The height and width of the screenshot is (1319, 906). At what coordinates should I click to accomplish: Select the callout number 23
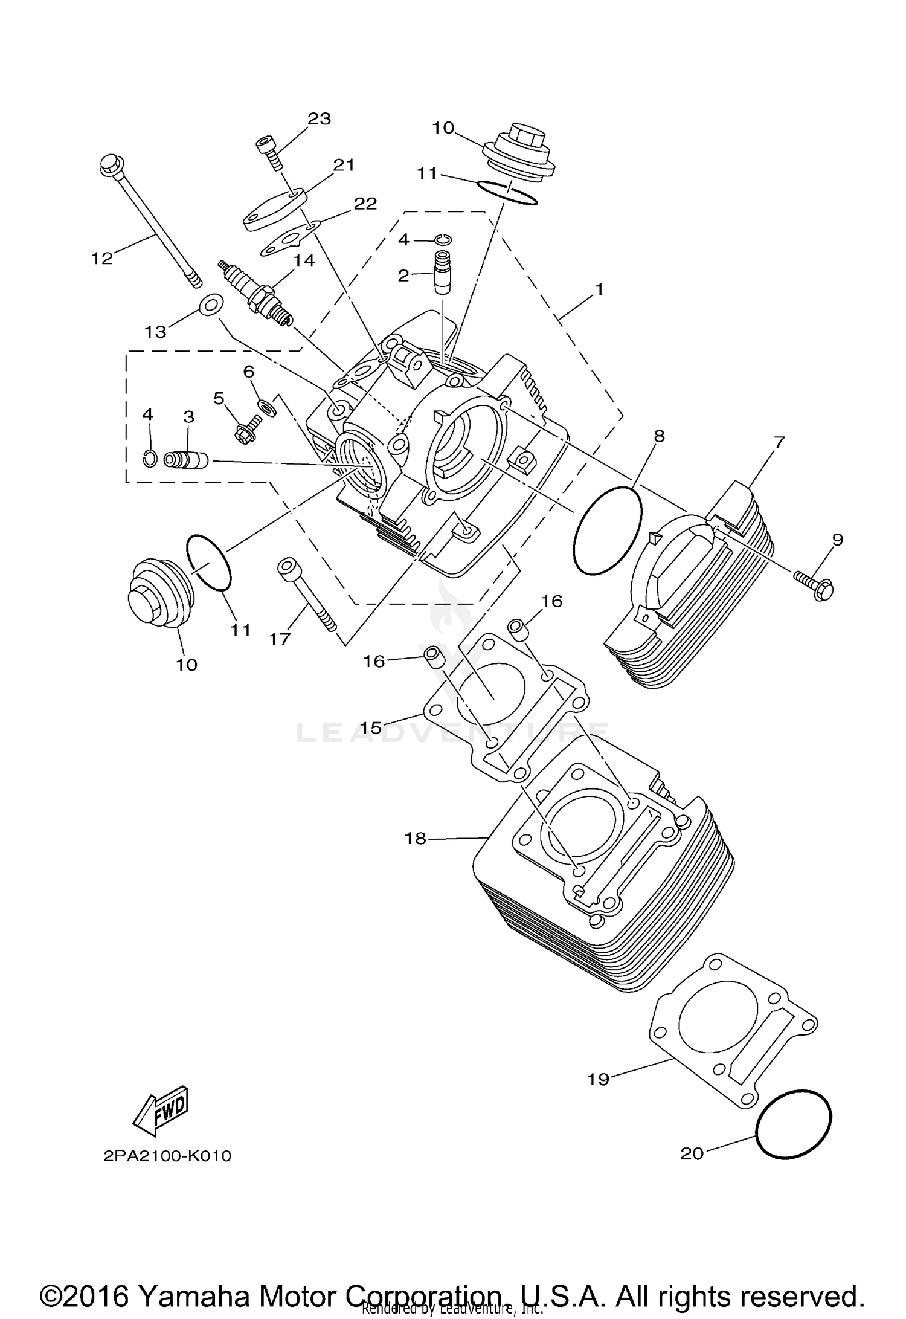click(x=319, y=118)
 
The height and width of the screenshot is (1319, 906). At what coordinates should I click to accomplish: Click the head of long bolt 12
click(x=110, y=164)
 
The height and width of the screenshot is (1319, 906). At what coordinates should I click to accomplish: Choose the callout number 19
click(x=599, y=1079)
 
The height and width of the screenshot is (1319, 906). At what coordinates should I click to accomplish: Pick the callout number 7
click(x=778, y=442)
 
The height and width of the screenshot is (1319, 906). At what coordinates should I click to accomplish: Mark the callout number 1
click(x=599, y=289)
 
